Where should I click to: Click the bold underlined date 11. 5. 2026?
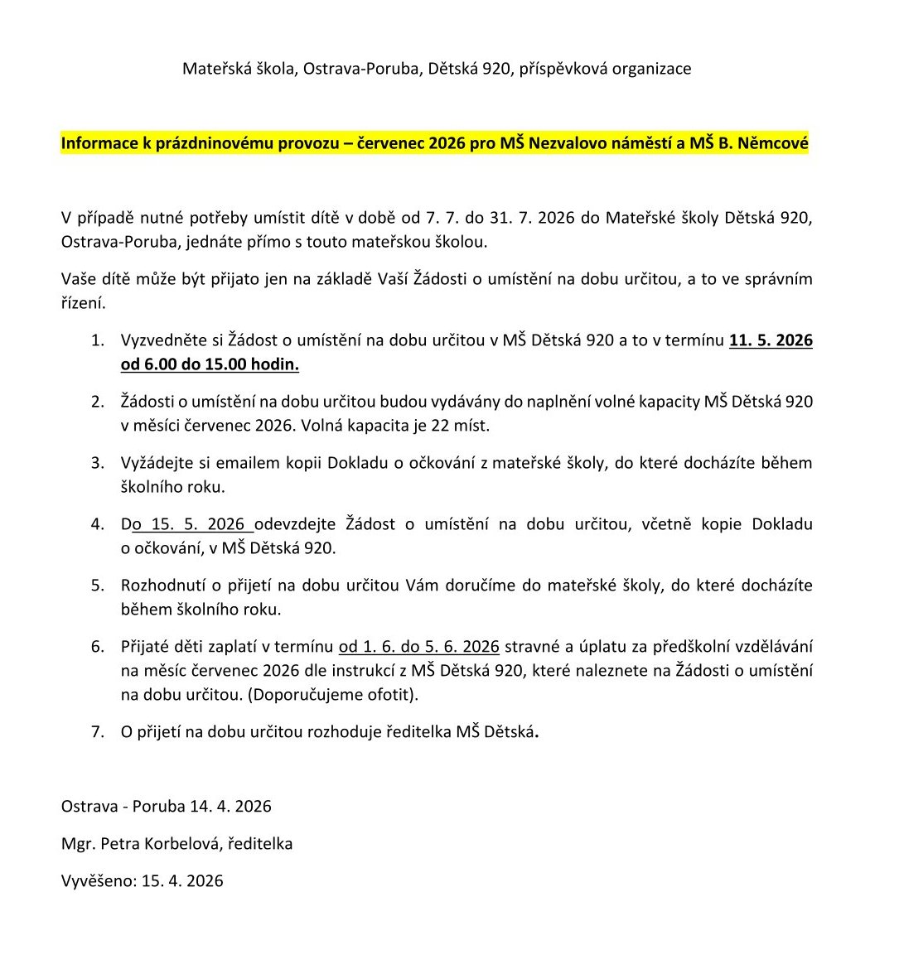click(x=771, y=340)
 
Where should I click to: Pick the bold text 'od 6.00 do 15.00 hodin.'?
click(x=210, y=364)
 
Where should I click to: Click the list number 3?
click(x=98, y=463)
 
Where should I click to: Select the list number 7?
click(x=98, y=731)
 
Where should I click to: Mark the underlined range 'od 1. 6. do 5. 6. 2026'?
click(x=418, y=647)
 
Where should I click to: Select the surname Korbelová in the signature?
click(x=181, y=844)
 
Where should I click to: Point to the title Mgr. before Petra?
click(x=78, y=844)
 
